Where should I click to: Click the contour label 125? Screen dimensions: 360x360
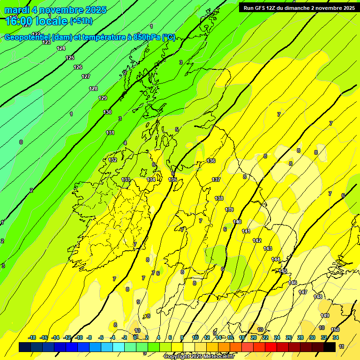click(70, 58)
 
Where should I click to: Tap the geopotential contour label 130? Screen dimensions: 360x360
click(108, 112)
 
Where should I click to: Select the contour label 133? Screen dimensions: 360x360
click(126, 180)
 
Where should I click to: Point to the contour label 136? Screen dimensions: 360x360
click(211, 161)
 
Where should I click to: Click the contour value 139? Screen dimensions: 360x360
click(229, 210)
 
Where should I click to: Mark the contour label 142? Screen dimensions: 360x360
click(257, 240)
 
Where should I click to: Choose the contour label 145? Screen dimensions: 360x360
click(283, 271)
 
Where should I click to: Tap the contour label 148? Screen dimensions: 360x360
click(318, 297)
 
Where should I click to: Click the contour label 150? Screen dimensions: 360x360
click(335, 330)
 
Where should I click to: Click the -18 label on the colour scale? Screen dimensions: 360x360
click(32, 337)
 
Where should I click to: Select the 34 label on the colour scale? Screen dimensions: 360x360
click(336, 337)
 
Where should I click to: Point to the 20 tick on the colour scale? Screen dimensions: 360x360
click(253, 337)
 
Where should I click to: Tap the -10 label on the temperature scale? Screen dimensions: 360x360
click(79, 337)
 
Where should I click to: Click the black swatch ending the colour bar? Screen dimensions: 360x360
click(330, 347)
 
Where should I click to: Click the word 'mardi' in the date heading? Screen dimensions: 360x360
click(17, 10)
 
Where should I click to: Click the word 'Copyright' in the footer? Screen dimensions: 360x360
click(178, 357)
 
